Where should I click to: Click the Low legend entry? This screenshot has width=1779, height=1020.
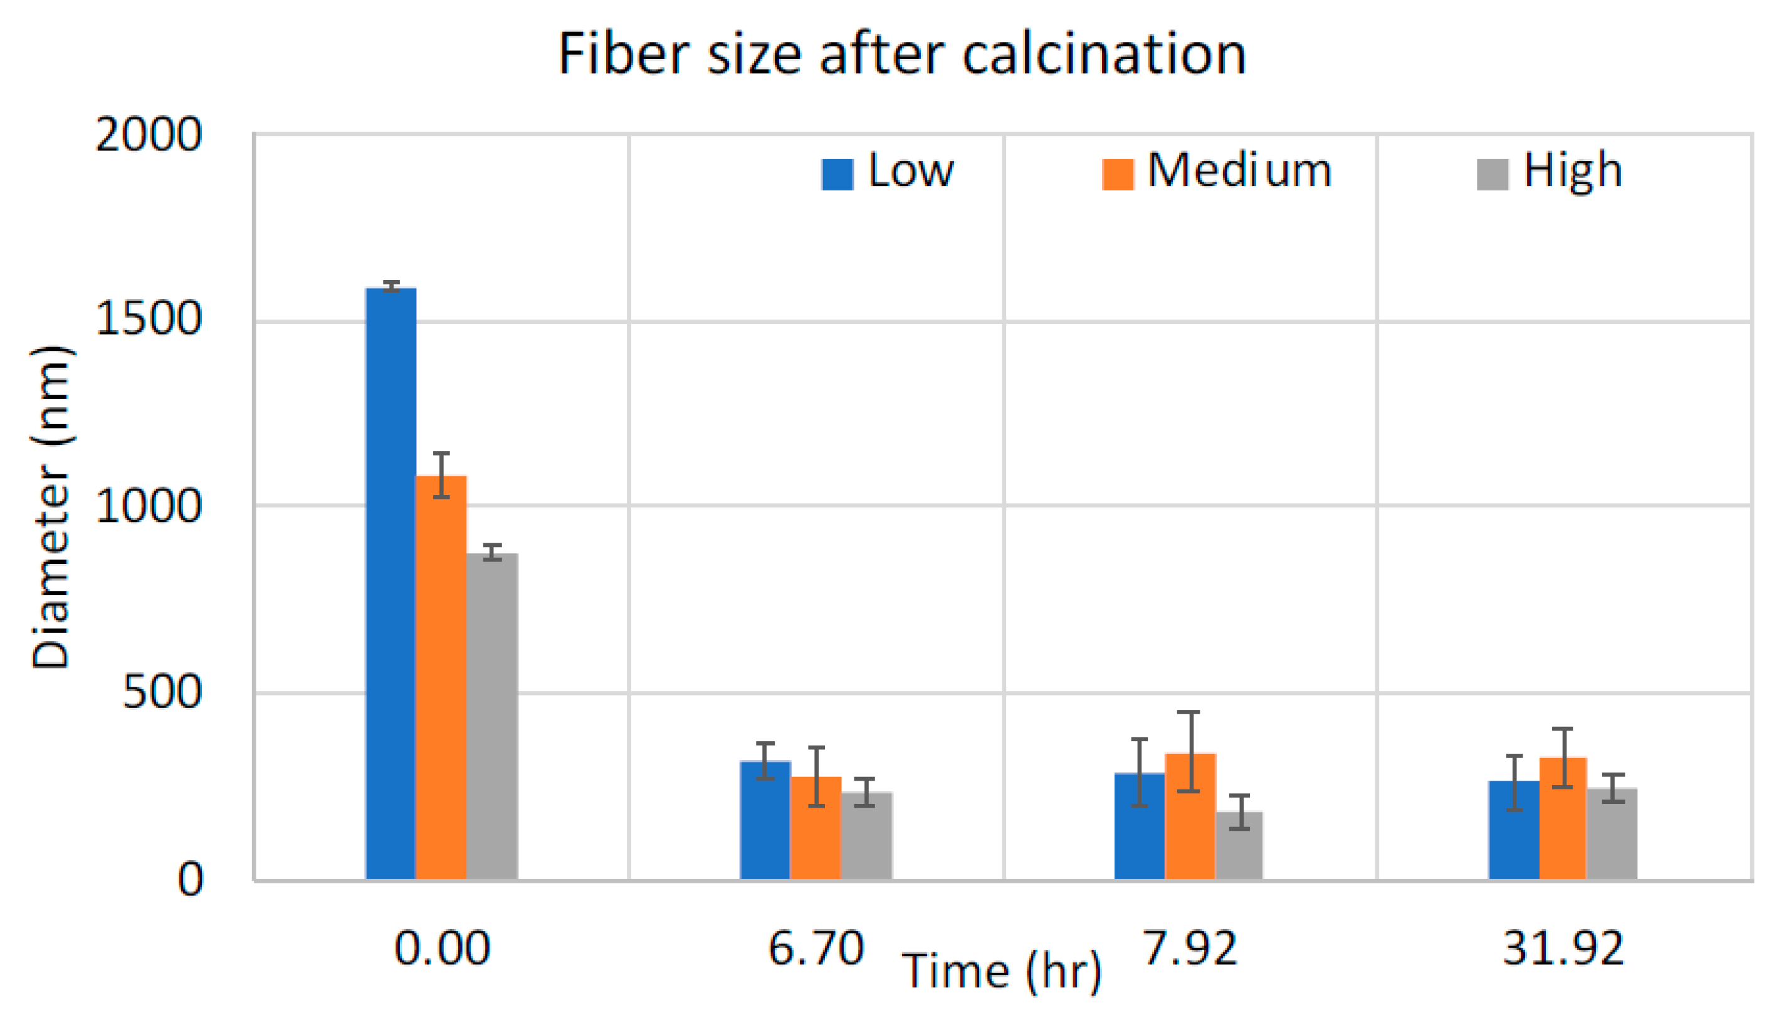(888, 172)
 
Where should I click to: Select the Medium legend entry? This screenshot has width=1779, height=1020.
(1217, 172)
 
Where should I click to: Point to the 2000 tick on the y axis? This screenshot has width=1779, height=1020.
(149, 135)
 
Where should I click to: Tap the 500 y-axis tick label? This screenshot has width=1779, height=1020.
(162, 693)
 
